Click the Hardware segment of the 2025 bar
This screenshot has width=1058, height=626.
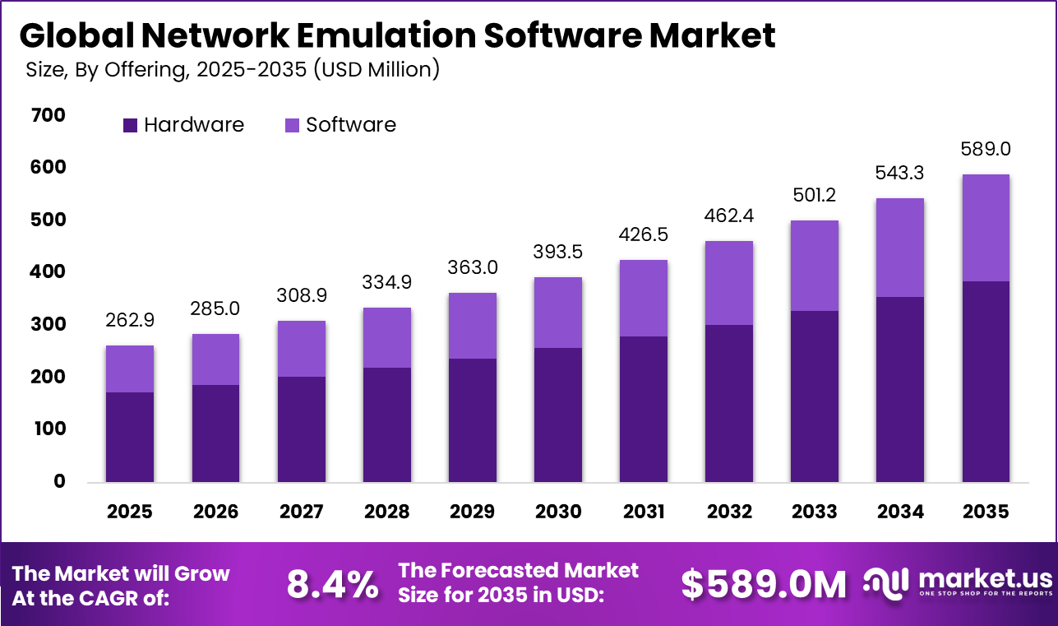point(130,437)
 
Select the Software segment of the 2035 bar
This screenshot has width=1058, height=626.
point(986,228)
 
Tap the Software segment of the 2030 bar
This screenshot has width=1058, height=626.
point(557,313)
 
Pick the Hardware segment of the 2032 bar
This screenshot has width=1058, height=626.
point(728,403)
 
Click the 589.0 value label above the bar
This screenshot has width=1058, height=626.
point(986,150)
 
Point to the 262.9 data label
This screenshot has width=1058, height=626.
point(130,320)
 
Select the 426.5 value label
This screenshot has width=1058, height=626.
point(643,235)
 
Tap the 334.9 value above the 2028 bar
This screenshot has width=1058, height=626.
point(386,283)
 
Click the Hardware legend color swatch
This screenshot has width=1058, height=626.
point(130,126)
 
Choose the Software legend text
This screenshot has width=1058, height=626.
point(351,125)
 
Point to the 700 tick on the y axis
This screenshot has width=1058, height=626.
point(49,115)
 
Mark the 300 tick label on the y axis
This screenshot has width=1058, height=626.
point(49,324)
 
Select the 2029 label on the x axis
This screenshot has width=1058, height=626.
point(472,512)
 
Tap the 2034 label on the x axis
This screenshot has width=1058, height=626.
point(899,512)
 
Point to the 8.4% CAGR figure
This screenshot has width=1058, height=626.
point(332,584)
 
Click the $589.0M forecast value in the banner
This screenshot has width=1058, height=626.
point(764,584)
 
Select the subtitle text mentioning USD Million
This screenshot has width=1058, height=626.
point(233,70)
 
